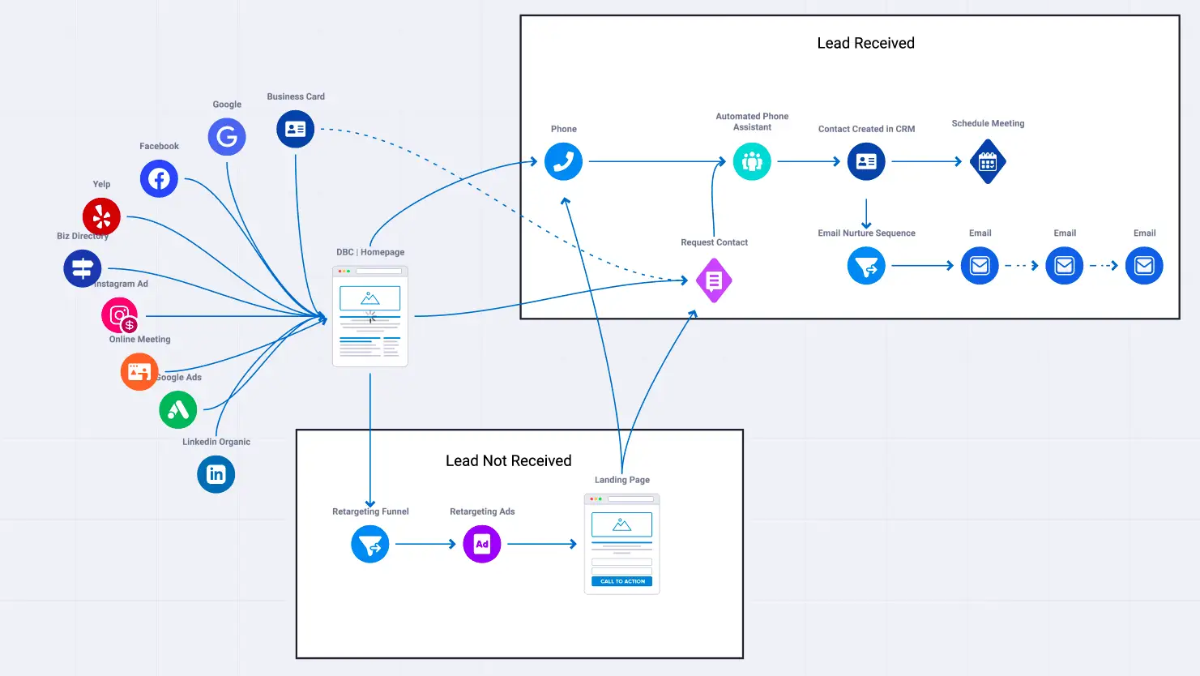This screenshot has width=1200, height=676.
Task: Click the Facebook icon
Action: point(159,178)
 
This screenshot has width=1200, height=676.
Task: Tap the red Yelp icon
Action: point(101,216)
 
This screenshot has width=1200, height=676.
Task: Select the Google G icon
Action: point(227,137)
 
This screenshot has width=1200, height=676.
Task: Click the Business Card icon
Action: point(296,129)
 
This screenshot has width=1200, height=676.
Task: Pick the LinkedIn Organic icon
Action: point(216,474)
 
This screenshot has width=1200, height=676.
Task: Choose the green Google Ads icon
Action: point(178,409)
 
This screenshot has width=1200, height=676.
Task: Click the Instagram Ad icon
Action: point(120,315)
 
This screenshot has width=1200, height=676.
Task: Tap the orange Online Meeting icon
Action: point(139,372)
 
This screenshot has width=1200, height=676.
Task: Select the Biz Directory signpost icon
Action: point(83,268)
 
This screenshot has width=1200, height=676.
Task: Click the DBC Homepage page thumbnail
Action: point(370,316)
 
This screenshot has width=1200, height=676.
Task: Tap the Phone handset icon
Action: point(563,161)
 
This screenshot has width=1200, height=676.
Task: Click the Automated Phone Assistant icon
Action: point(752,161)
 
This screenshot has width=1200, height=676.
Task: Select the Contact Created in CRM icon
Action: point(866,161)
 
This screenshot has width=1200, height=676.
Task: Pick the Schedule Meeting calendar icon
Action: point(988,162)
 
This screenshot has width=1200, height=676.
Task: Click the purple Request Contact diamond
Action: point(714,280)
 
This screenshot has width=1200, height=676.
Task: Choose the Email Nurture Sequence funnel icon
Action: point(866,266)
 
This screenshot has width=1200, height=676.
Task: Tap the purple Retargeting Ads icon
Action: point(482,544)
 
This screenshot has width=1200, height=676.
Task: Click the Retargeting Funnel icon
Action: point(370,544)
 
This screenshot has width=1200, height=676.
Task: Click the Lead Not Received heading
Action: point(509,460)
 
